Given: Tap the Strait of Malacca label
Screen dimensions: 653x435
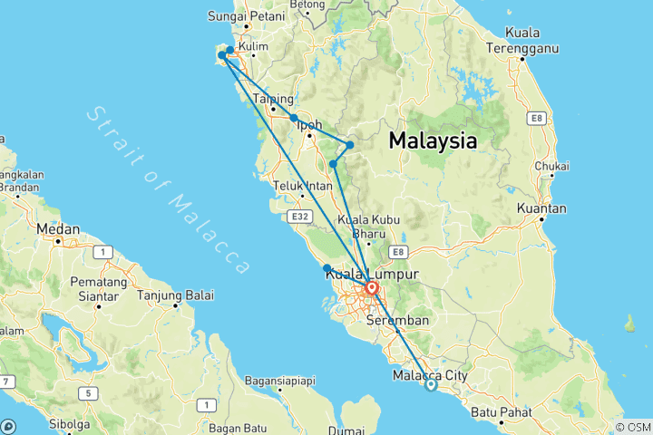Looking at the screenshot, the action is point(170,189).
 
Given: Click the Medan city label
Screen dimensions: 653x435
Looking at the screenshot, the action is point(59,230).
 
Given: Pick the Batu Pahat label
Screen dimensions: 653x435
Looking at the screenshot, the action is point(499,412).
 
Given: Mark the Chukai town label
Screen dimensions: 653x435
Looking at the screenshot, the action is point(551,167).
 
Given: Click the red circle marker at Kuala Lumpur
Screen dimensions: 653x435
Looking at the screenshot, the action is point(372,289).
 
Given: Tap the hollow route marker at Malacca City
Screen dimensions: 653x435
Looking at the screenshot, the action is point(431,385).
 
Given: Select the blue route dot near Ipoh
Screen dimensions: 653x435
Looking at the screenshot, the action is point(294,118).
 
